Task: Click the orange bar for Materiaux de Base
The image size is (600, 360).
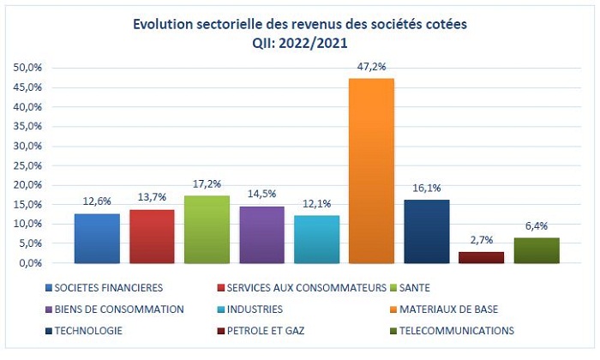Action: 371,171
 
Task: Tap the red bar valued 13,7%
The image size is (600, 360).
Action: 152,237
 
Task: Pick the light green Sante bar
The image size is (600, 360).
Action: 207,230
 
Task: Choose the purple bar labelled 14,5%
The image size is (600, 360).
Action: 261,235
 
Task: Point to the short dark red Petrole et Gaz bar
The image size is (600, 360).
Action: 481,257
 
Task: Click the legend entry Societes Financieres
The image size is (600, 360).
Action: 108,288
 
